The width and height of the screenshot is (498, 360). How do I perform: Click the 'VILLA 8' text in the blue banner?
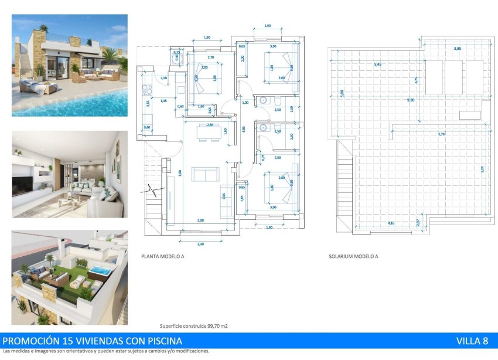(x=472, y=341)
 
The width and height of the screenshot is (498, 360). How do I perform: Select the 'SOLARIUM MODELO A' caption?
(x=353, y=256)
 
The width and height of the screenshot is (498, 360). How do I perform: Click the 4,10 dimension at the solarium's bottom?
(x=391, y=222)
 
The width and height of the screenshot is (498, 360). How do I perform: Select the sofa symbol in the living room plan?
(x=205, y=174)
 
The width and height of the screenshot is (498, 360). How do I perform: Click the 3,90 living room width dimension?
(x=201, y=220)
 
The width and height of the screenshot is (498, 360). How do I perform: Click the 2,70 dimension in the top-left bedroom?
(x=210, y=57)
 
